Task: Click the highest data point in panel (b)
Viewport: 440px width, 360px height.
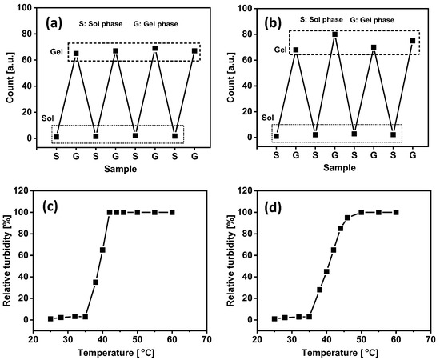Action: [x=334, y=34]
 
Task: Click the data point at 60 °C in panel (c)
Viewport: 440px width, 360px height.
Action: [x=172, y=212]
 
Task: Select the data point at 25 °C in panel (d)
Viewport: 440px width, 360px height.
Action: [x=274, y=318]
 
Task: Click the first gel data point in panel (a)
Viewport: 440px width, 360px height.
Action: [x=76, y=54]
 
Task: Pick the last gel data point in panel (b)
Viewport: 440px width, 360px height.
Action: [x=412, y=41]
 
